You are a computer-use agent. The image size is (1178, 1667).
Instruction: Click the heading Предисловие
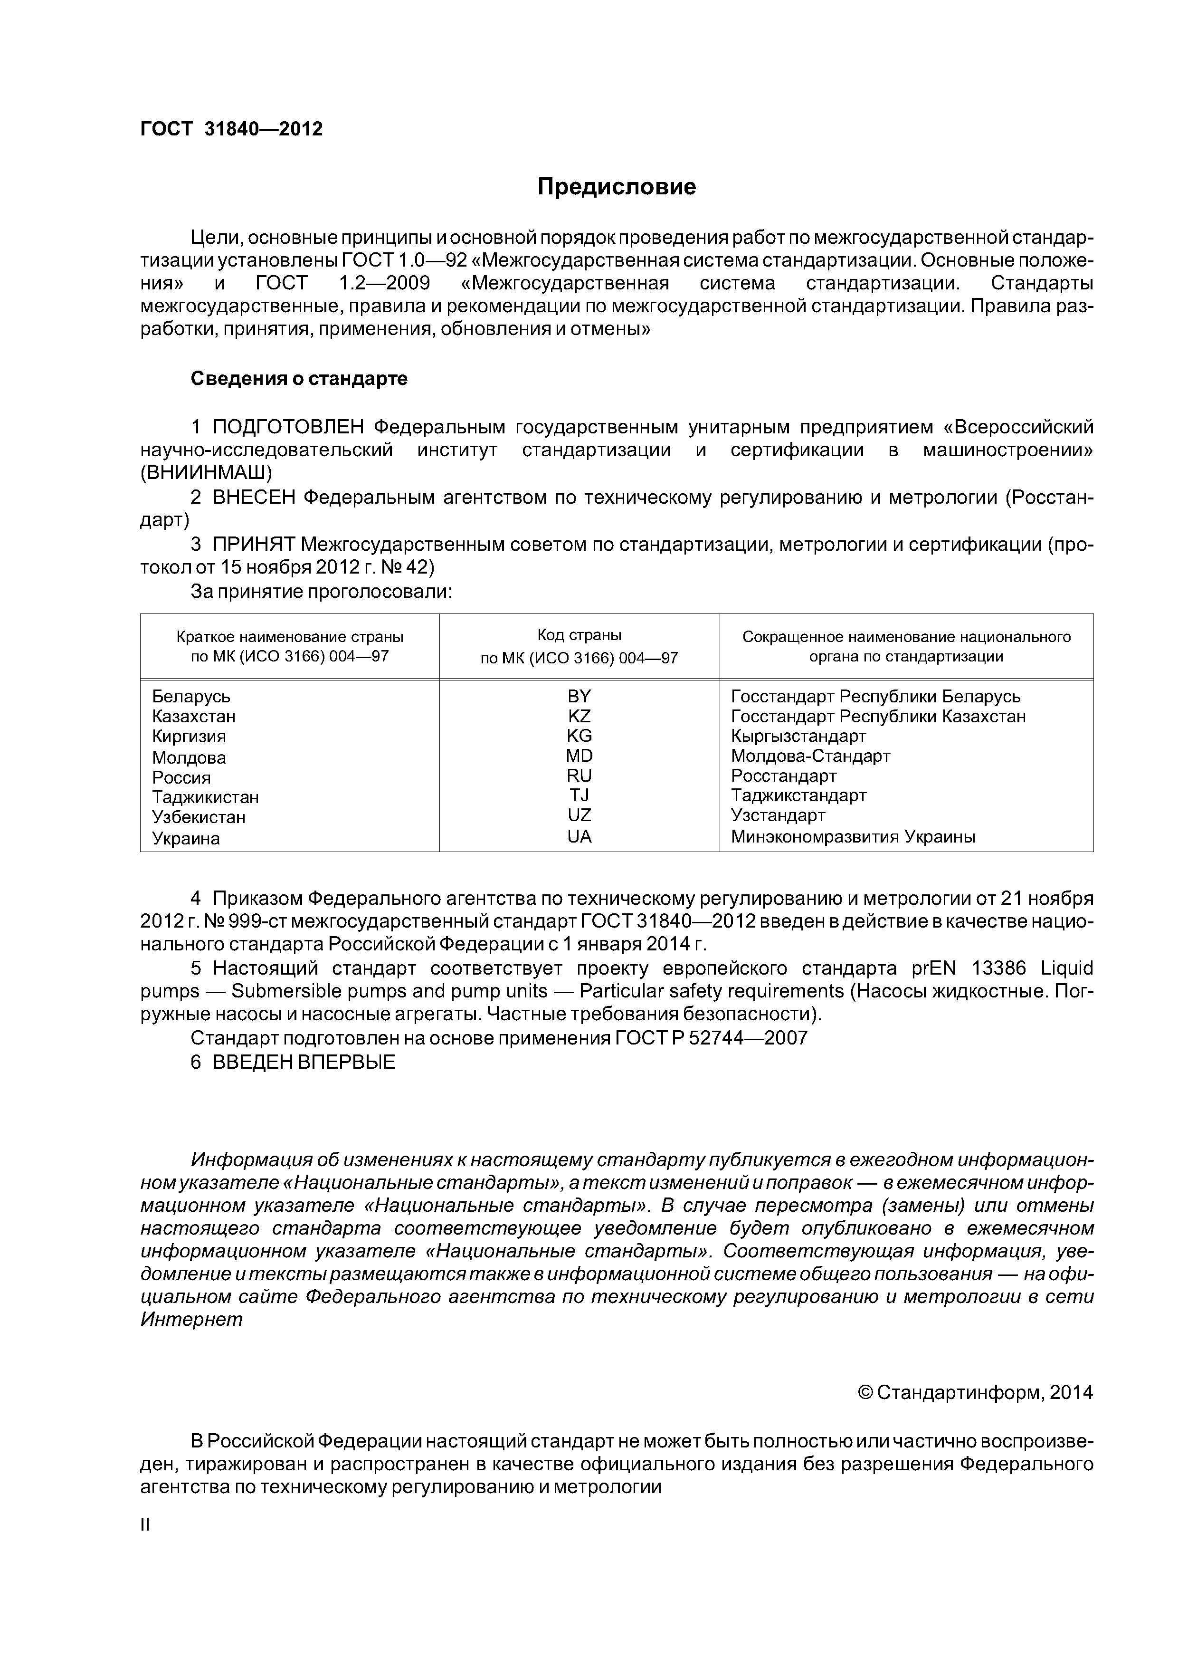(x=616, y=187)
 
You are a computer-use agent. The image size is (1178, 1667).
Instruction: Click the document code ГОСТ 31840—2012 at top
(x=231, y=129)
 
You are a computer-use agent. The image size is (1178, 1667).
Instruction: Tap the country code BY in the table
(x=579, y=696)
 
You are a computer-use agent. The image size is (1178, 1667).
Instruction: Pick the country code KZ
(x=579, y=717)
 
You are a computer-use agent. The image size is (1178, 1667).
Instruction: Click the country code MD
(x=579, y=756)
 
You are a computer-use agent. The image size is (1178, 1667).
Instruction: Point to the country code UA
(x=579, y=836)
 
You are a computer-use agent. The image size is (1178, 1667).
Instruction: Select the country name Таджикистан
(x=205, y=797)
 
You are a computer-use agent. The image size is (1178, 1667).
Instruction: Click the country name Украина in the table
(x=186, y=839)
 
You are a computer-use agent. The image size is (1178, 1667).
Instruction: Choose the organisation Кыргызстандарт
(x=798, y=736)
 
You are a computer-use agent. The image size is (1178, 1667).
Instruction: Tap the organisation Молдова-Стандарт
(x=810, y=756)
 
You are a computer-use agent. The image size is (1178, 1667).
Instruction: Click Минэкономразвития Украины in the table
(x=853, y=836)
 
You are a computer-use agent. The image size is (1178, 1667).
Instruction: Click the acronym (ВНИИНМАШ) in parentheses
(x=206, y=473)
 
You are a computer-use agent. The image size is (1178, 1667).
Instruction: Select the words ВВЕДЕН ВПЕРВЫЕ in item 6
(x=304, y=1062)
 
